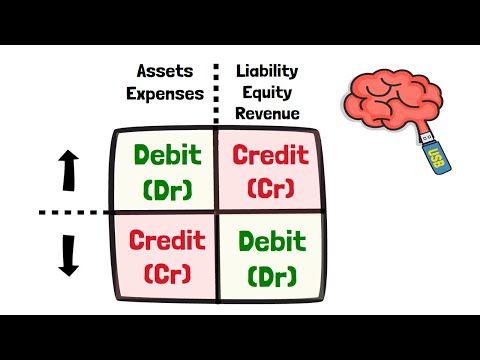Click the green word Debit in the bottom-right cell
268,241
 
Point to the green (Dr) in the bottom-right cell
268,272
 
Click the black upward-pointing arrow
69,170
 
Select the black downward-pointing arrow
69,255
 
